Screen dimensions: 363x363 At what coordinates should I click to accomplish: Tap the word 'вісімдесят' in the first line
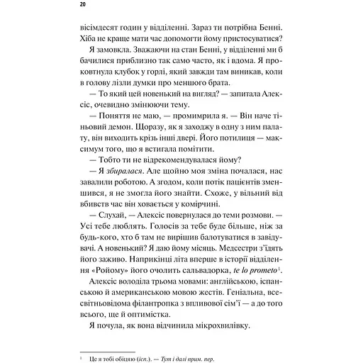101,25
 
